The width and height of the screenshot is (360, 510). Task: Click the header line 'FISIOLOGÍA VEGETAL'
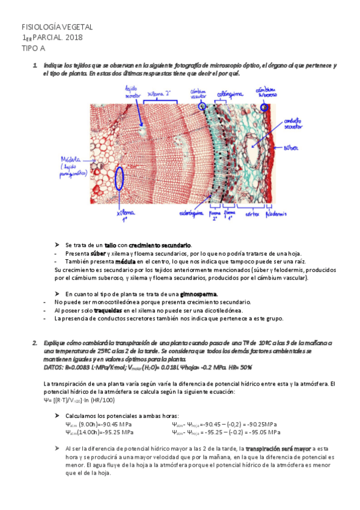[57, 28]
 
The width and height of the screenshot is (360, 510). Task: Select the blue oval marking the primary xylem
[120, 177]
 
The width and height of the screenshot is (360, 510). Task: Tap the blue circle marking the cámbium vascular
[201, 106]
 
